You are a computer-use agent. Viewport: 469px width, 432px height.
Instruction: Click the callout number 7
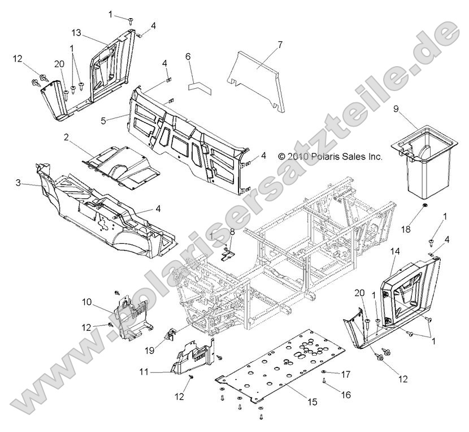coord(280,45)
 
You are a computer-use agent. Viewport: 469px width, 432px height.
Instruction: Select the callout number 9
coord(396,109)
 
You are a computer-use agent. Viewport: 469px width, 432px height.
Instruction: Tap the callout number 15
coord(312,401)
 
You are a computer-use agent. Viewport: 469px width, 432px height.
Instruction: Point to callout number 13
coord(77,32)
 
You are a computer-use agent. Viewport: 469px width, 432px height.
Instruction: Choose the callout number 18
coord(406,230)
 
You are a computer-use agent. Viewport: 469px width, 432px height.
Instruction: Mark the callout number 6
coord(188,57)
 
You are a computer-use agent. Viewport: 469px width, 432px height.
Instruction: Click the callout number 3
coord(18,182)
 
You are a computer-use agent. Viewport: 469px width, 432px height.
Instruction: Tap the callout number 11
coord(145,372)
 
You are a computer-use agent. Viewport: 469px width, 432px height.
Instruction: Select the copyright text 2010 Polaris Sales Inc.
coord(330,156)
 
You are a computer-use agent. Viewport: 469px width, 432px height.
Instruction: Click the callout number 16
coord(346,395)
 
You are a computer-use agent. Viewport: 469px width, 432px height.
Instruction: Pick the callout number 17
coord(346,374)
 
